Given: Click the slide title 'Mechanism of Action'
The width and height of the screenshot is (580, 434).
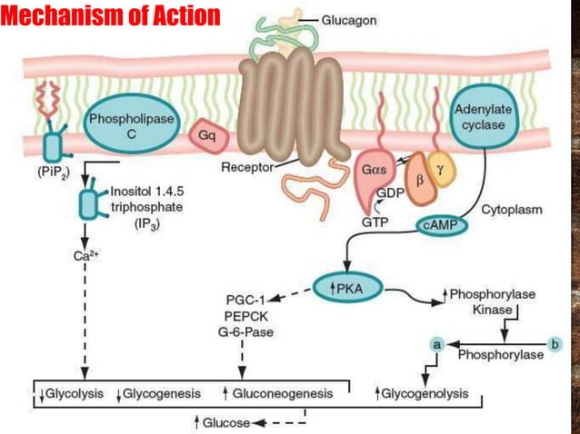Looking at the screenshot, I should pos(110,16).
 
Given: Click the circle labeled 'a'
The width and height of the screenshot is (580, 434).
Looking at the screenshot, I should pos(437,345).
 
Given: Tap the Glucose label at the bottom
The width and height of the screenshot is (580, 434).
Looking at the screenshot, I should pos(225,423).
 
